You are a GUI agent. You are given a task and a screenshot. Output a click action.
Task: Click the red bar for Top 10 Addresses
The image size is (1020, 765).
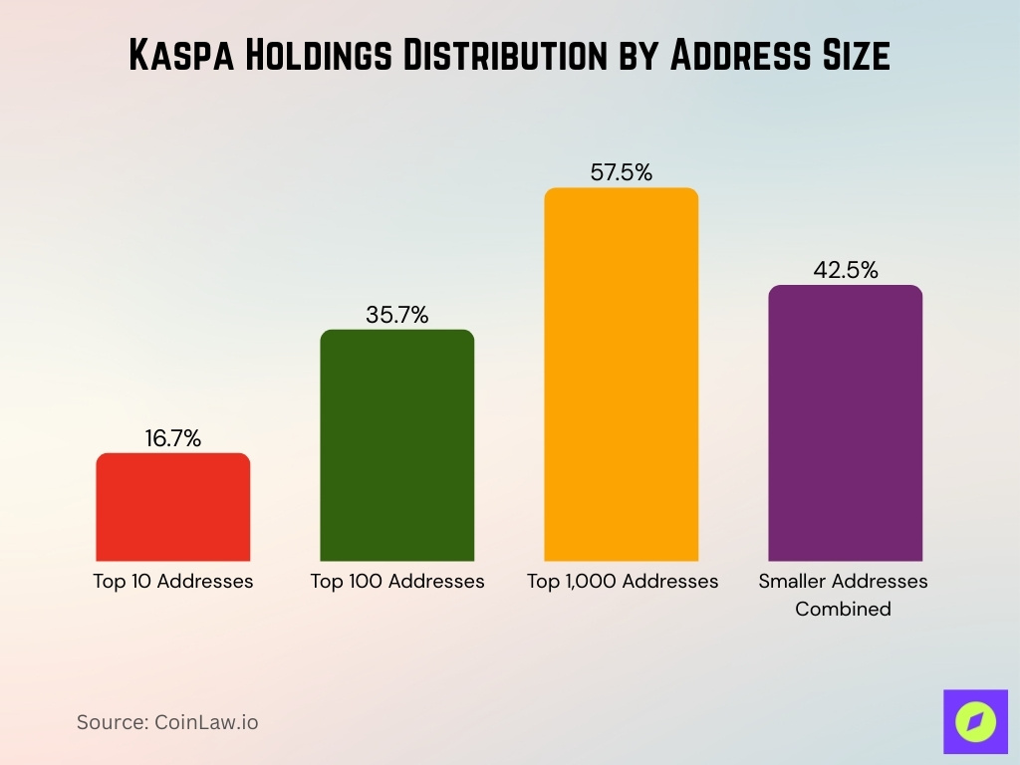tap(173, 507)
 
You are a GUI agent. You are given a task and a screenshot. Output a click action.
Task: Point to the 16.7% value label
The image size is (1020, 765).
tap(173, 438)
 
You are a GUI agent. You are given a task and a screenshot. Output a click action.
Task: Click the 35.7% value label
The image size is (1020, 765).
tap(397, 316)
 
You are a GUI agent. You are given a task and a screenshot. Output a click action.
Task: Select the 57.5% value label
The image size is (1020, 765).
tap(622, 172)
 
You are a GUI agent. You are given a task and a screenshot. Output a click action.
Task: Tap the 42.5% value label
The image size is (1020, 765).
tap(845, 270)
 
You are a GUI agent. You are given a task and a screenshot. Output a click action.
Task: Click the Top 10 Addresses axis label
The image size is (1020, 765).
tap(173, 581)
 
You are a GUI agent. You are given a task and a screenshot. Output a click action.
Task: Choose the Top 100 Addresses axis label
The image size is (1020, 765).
tap(397, 581)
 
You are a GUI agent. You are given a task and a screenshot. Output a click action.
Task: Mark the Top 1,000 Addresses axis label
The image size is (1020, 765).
tap(623, 581)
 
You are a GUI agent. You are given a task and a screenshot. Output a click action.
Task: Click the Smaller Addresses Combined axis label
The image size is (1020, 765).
tap(843, 594)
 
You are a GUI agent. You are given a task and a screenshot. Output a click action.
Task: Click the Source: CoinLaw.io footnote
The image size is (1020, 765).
tap(167, 722)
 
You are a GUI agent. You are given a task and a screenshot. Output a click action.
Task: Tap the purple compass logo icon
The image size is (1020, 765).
tap(974, 721)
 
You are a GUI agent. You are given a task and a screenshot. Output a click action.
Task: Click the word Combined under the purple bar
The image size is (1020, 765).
tap(843, 608)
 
